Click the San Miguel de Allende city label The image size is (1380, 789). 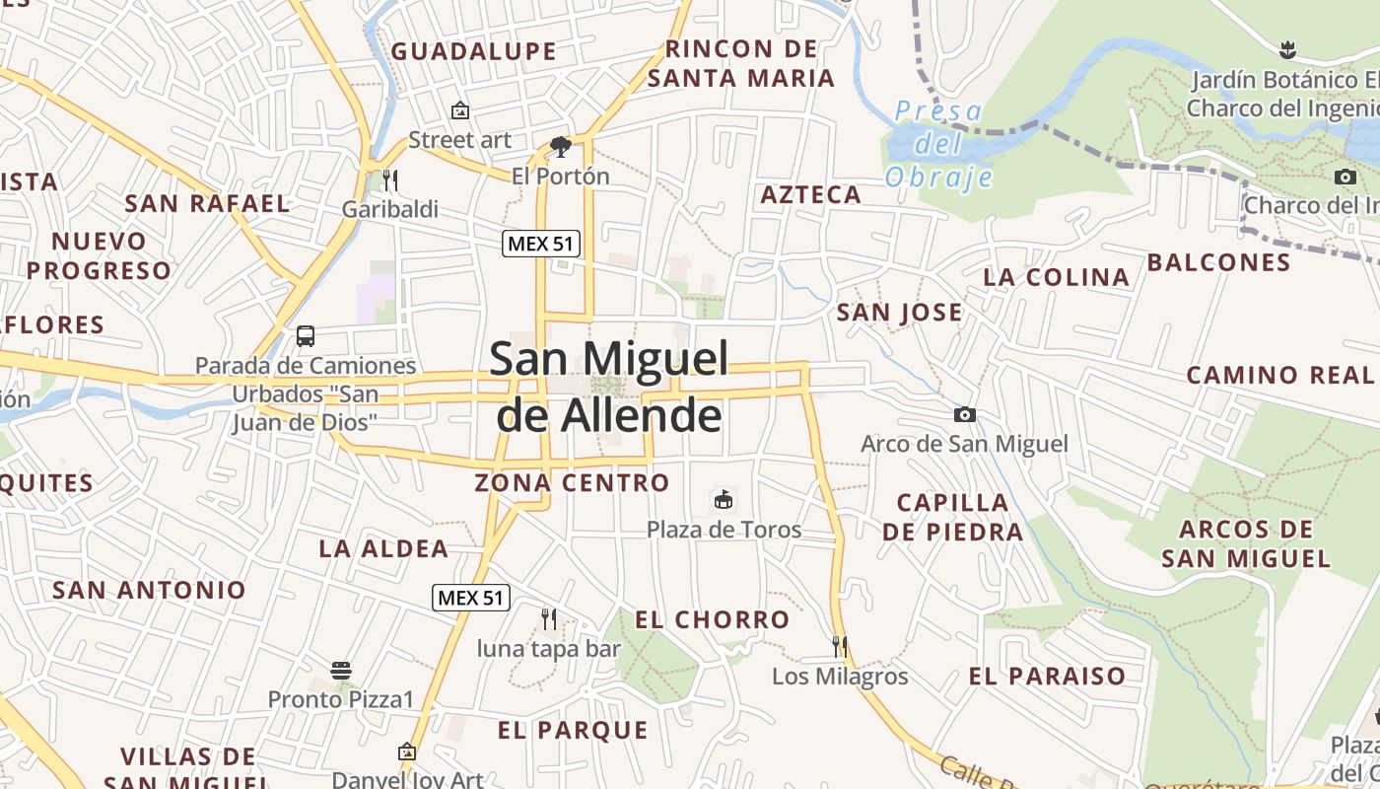click(x=609, y=387)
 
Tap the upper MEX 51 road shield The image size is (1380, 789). click(x=540, y=244)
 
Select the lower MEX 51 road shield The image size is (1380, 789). click(x=471, y=597)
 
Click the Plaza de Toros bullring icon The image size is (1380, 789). click(x=724, y=500)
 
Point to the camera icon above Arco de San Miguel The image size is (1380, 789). click(x=965, y=414)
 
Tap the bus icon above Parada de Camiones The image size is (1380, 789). click(x=306, y=335)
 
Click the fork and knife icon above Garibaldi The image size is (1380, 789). click(x=390, y=179)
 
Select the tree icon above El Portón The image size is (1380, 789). click(x=561, y=147)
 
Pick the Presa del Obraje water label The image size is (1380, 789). click(x=938, y=144)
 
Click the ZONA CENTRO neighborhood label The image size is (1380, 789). click(x=572, y=483)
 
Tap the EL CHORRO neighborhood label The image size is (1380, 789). click(x=713, y=619)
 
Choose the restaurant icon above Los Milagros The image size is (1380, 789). click(x=840, y=646)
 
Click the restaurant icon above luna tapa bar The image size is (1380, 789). click(x=549, y=618)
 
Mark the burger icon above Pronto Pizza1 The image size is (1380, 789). click(x=341, y=671)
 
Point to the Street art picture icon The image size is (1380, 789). click(x=459, y=110)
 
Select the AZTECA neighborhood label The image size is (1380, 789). click(x=811, y=194)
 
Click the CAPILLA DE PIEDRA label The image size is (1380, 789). click(x=953, y=517)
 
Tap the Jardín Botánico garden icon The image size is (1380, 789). click(x=1286, y=48)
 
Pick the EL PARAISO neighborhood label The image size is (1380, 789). click(x=1047, y=676)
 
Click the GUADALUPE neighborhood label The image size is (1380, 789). click(x=474, y=51)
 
